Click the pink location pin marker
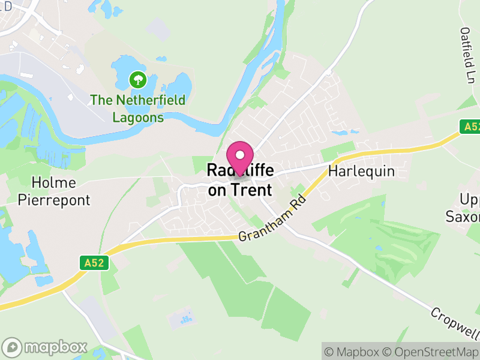tap(240, 158)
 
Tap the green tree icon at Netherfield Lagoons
tap(138, 79)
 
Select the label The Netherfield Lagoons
tap(138, 109)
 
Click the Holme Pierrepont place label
tap(53, 191)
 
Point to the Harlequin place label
tap(362, 172)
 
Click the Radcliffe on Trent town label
tap(239, 181)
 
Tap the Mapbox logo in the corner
tap(45, 347)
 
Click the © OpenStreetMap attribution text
tap(430, 352)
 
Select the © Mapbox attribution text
tap(352, 352)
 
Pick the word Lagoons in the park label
tap(138, 117)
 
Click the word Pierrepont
tap(53, 200)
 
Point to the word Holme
tap(53, 182)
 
